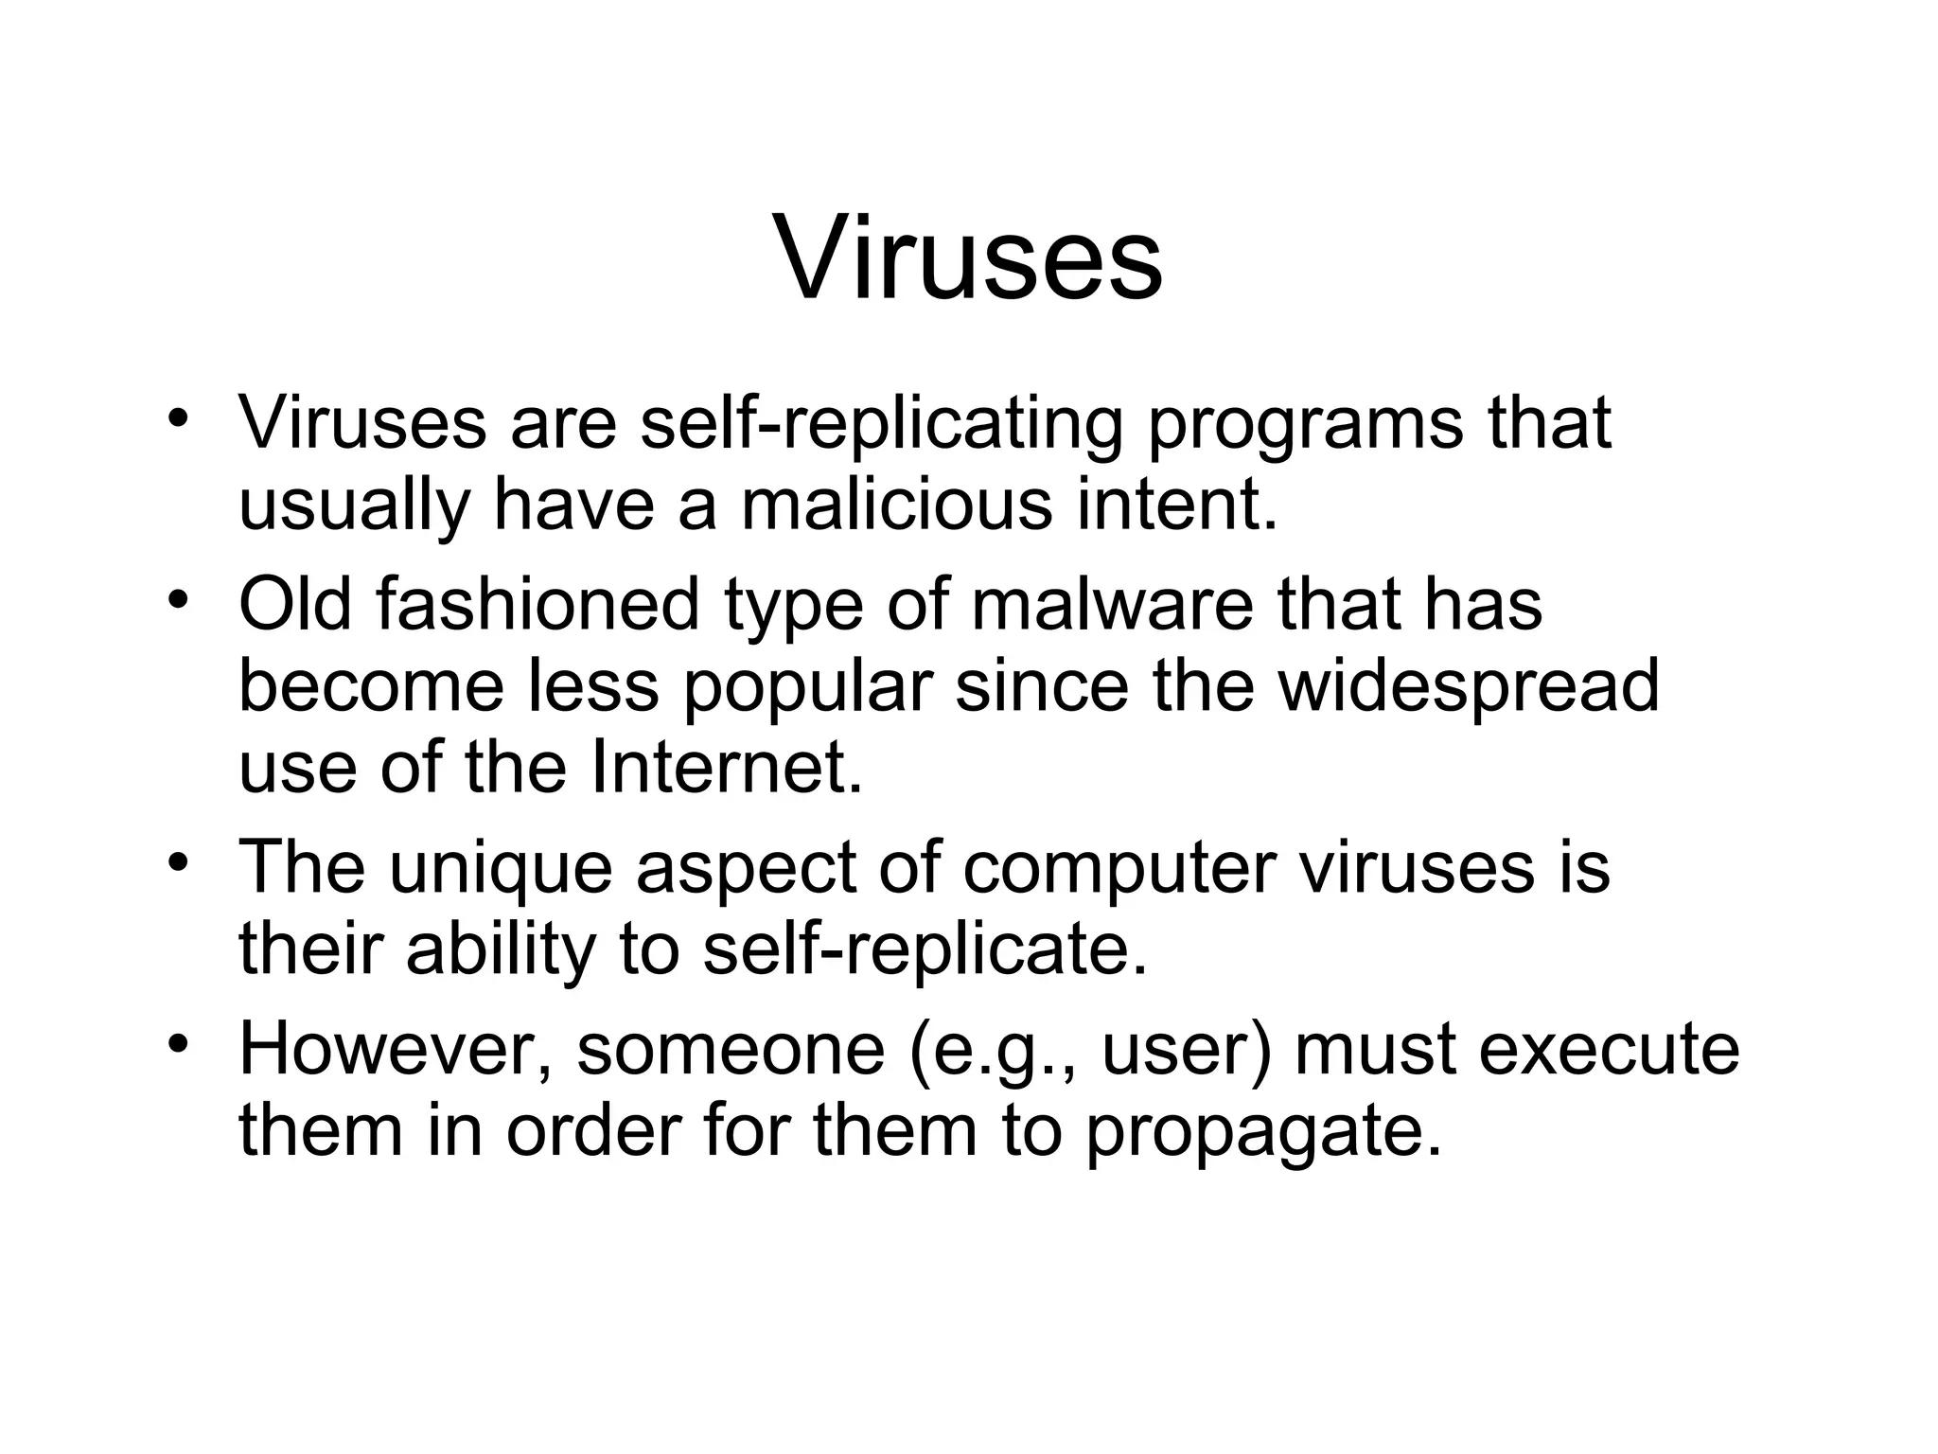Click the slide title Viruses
coord(969,258)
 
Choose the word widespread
coord(1469,687)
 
